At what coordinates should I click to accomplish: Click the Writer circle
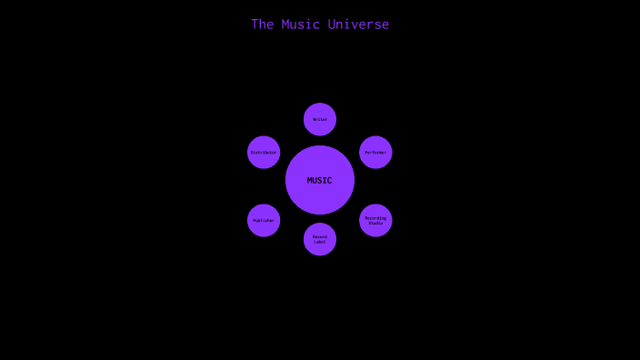(320, 119)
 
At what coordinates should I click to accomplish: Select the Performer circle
(375, 152)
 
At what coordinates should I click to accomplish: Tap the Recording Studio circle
(375, 220)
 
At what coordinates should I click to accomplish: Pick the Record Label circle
(320, 239)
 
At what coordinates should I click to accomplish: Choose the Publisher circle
(264, 220)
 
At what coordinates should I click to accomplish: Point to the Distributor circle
(264, 152)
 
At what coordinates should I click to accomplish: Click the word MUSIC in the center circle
(320, 180)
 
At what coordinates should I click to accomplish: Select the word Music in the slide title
(300, 25)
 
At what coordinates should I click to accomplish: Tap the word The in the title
(263, 25)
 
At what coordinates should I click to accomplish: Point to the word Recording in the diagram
(375, 218)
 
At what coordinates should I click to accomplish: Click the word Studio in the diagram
(375, 223)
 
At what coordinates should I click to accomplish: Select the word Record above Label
(320, 236)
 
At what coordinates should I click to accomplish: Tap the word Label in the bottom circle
(320, 242)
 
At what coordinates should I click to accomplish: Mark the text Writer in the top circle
(320, 119)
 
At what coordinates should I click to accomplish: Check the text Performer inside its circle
(375, 152)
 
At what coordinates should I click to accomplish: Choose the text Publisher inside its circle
(264, 220)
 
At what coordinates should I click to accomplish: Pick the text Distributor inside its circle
(264, 152)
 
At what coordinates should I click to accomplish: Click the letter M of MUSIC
(310, 180)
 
